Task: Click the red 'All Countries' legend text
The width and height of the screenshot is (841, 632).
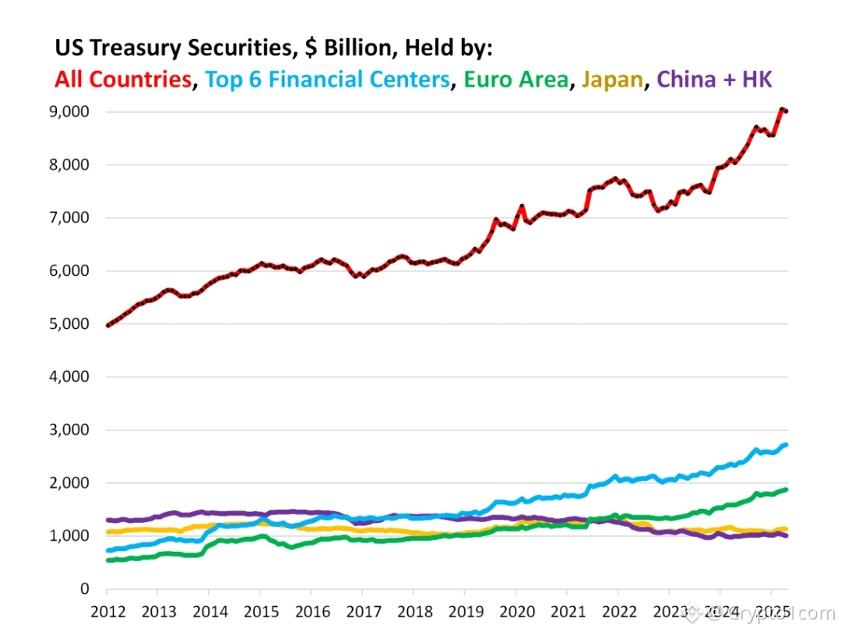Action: pos(123,79)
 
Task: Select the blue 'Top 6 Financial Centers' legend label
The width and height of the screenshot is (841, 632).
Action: pos(328,79)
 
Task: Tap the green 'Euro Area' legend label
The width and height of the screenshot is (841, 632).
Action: pos(515,79)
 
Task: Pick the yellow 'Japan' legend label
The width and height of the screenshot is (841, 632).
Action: pos(612,79)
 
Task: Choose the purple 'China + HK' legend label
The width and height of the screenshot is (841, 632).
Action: pos(714,79)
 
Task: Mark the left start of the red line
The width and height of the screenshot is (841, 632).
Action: pos(108,325)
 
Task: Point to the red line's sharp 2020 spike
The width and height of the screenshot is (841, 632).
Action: pos(523,207)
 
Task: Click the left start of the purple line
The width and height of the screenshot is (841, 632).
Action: pos(108,520)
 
